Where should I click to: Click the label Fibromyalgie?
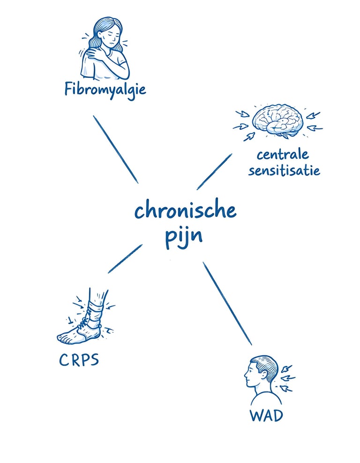(105, 89)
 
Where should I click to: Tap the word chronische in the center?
(185, 210)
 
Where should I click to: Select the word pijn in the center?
(183, 236)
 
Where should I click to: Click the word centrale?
(283, 155)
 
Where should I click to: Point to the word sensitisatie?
(284, 170)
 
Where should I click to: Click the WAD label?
(267, 415)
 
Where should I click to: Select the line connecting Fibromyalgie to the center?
(116, 149)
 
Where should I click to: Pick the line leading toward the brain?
(214, 172)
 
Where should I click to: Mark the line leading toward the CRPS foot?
(125, 258)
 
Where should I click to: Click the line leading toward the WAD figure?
(227, 303)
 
